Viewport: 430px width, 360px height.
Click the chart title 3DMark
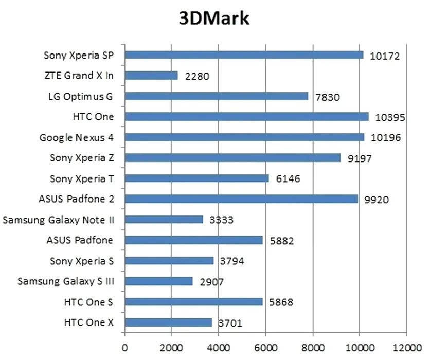[x=214, y=19]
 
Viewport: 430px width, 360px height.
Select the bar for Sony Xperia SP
[x=244, y=55]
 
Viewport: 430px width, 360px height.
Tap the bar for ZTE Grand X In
[x=151, y=76]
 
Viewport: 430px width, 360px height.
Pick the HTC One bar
[x=246, y=117]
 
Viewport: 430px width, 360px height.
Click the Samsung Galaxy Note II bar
[x=164, y=220]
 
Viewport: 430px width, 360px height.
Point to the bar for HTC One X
[x=168, y=322]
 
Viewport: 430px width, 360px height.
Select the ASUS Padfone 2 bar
[x=241, y=199]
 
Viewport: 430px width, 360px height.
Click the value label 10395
[x=390, y=118]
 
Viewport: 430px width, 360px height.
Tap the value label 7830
[x=328, y=97]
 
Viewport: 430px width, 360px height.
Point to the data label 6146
[x=288, y=179]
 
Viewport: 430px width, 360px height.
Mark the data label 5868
[x=281, y=302]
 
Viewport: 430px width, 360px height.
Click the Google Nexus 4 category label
[x=77, y=137]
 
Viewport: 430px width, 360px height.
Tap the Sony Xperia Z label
[x=82, y=158]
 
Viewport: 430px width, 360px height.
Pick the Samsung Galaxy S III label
[x=65, y=281]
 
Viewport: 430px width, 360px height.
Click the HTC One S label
[x=89, y=302]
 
